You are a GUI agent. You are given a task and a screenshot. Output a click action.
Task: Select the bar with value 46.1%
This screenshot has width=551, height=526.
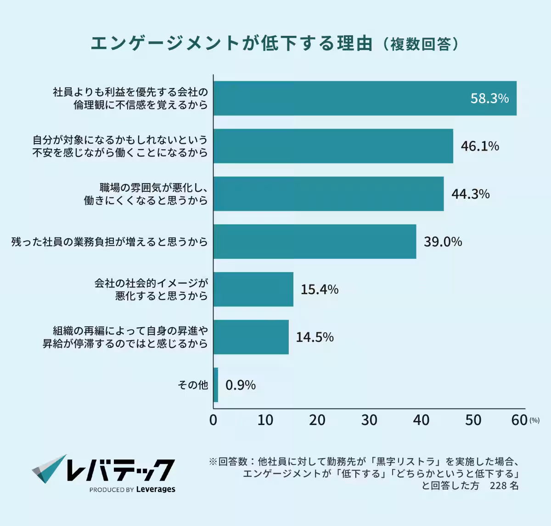click(x=333, y=146)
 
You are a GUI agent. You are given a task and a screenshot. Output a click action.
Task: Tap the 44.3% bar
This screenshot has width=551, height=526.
click(x=328, y=194)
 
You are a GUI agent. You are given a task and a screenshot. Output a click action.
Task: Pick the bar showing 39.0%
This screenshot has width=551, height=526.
click(x=315, y=241)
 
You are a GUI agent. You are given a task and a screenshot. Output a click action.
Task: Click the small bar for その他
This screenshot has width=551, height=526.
click(x=216, y=385)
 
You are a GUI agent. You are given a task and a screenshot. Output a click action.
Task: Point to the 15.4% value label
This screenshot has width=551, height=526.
click(x=320, y=290)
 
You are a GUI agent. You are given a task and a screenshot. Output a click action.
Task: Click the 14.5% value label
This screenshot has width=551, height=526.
click(x=315, y=337)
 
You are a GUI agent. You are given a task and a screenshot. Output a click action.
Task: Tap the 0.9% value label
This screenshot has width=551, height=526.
click(x=241, y=385)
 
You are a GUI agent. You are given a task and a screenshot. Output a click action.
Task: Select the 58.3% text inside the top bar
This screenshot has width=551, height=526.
click(x=489, y=99)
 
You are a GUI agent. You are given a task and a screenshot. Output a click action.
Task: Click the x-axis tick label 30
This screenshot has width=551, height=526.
click(x=369, y=420)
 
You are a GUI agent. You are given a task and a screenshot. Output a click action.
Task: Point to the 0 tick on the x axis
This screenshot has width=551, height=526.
click(x=214, y=420)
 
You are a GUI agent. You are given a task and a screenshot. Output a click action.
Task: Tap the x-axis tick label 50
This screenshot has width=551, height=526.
click(x=473, y=420)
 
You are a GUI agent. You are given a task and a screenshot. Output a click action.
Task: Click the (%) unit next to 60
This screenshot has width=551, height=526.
click(x=534, y=420)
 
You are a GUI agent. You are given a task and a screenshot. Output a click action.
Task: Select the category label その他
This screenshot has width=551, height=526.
click(x=193, y=385)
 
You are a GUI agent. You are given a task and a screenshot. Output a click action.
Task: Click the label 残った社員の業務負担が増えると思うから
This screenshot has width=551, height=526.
click(x=110, y=242)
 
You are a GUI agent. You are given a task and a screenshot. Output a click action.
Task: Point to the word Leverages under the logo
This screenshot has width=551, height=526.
click(x=156, y=489)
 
